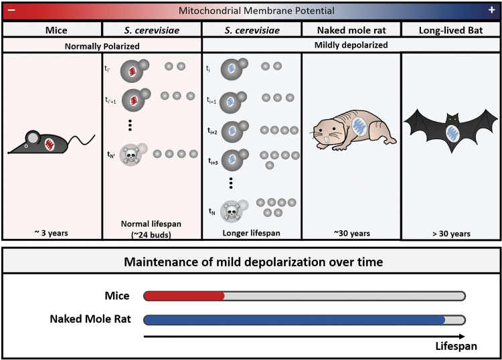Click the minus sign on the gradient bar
[x=11, y=11]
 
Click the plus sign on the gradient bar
[x=491, y=11]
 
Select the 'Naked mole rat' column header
[x=351, y=29]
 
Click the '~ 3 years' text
[x=52, y=233]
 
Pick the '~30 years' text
[x=351, y=233]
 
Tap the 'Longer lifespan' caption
[x=251, y=233]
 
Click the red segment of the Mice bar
[x=184, y=295]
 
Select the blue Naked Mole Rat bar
[x=295, y=319]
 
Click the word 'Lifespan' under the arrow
[x=457, y=346]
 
